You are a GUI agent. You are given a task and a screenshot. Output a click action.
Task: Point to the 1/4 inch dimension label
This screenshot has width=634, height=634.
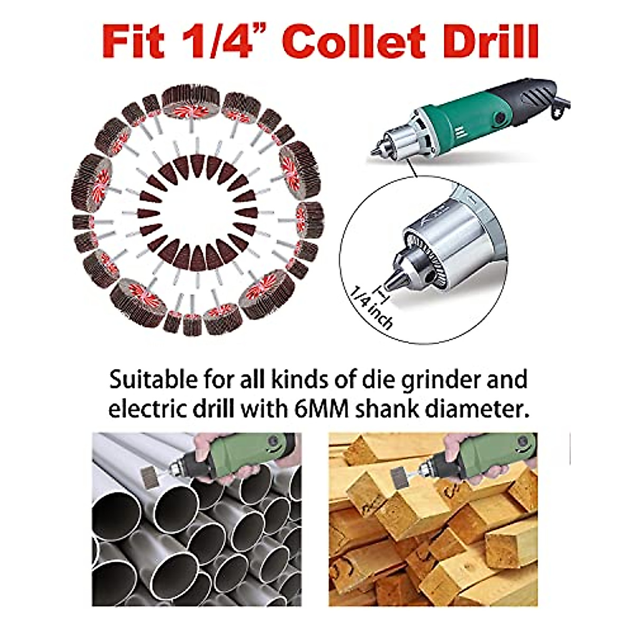(x=372, y=306)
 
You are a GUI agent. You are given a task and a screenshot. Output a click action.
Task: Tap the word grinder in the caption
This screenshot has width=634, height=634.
(x=433, y=380)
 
